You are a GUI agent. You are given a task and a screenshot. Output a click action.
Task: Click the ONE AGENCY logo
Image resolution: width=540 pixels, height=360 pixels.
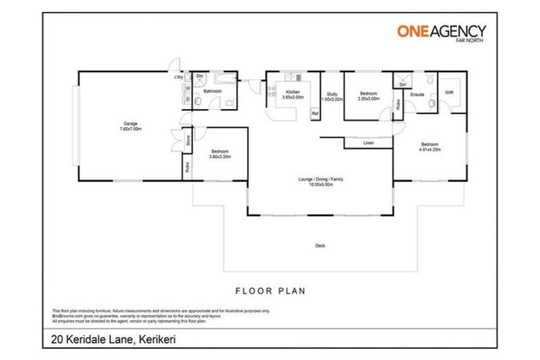(442, 32)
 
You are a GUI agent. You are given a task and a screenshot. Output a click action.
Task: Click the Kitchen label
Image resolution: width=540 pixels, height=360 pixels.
(292, 93)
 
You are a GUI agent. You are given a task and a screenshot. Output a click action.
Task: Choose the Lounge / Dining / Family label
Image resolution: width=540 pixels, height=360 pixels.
(320, 179)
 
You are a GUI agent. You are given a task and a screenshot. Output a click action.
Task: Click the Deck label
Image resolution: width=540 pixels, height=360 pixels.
(321, 245)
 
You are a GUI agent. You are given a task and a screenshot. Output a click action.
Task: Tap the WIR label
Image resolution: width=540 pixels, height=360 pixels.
(449, 92)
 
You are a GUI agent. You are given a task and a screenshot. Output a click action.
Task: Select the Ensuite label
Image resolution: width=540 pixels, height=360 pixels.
(416, 93)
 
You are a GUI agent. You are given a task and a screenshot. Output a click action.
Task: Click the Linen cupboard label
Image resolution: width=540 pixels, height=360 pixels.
(368, 143)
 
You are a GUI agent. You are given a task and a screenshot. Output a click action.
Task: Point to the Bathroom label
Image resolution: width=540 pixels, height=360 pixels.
(213, 91)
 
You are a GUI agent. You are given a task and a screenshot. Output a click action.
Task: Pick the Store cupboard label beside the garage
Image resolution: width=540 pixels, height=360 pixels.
(188, 141)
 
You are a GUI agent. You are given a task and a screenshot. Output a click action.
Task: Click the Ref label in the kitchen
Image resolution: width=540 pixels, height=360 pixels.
(315, 113)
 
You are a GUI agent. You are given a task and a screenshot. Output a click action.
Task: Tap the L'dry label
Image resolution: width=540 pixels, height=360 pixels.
(179, 77)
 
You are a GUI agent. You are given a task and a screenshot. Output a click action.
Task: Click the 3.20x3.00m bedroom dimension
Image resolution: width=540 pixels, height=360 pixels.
(368, 99)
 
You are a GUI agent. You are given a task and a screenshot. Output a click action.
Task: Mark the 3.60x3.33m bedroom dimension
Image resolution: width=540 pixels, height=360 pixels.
(220, 157)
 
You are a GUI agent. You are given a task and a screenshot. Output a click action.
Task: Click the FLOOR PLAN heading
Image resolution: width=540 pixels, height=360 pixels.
(270, 290)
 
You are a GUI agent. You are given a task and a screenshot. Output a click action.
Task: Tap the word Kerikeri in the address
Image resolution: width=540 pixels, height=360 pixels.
(155, 340)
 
